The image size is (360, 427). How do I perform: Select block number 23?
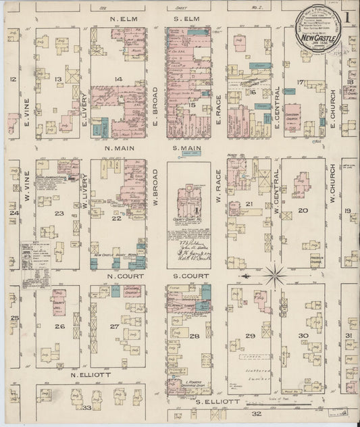click(59, 214)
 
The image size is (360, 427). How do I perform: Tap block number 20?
click(303, 210)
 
